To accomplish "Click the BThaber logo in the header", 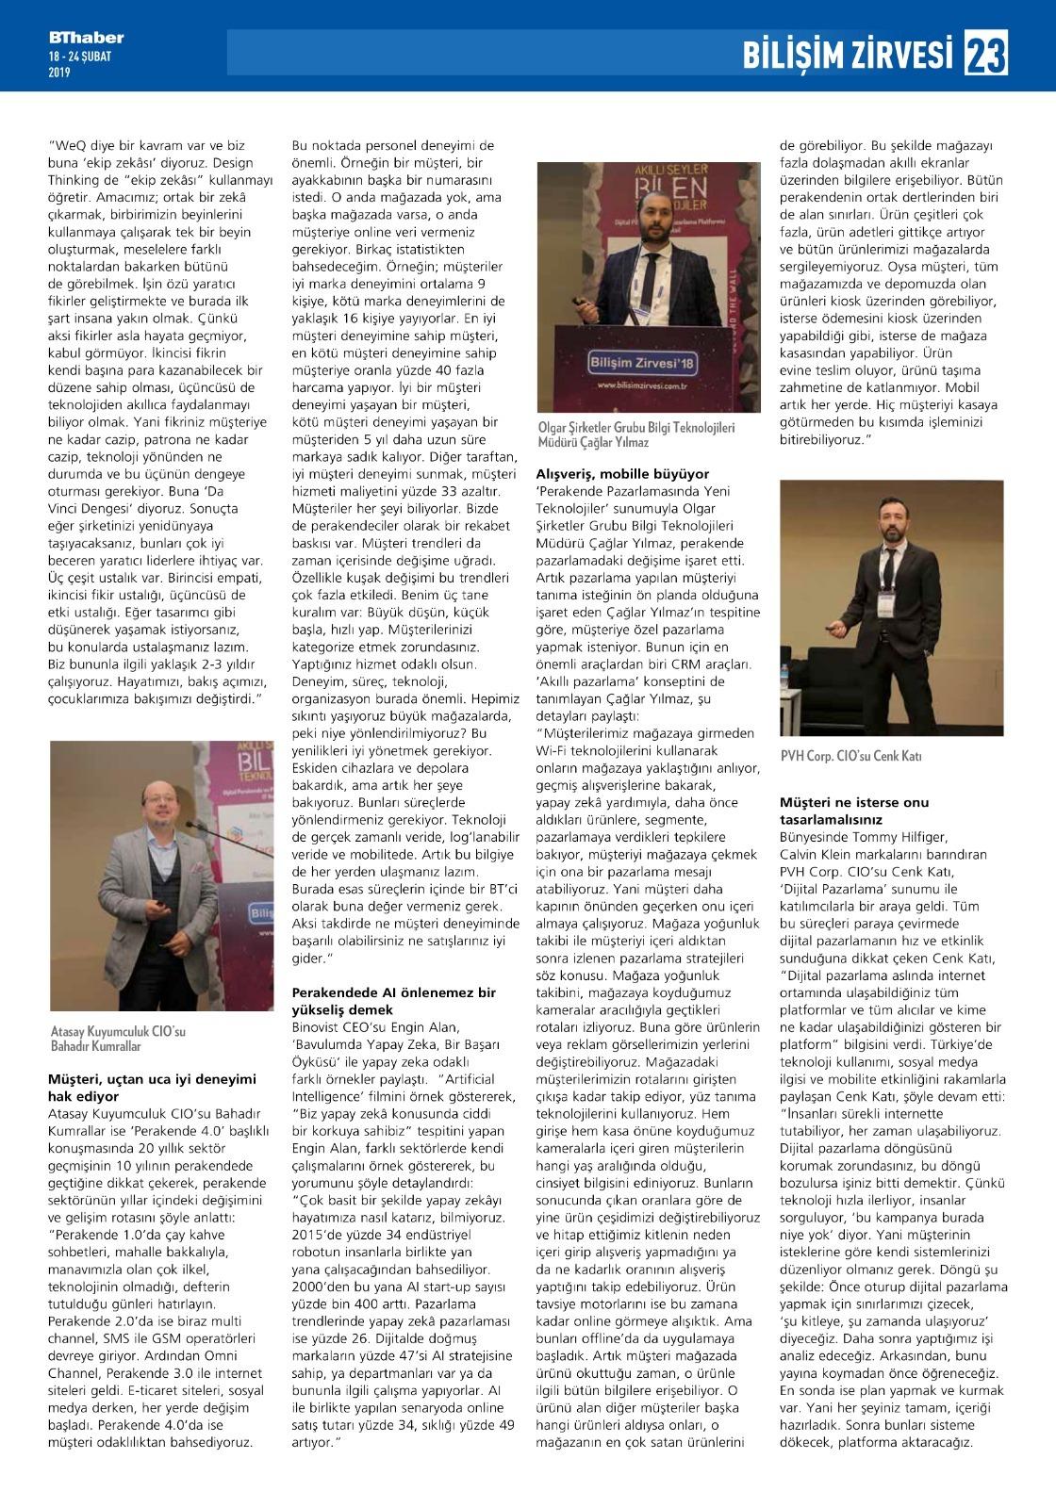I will pos(87,39).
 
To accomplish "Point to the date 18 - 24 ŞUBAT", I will pos(80,57).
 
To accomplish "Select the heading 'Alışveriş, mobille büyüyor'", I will pos(622,473).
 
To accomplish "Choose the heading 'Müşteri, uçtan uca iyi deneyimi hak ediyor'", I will pos(152,1088).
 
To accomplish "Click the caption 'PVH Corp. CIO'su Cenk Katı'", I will pos(850,756).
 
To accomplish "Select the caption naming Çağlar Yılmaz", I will pos(635,434).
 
